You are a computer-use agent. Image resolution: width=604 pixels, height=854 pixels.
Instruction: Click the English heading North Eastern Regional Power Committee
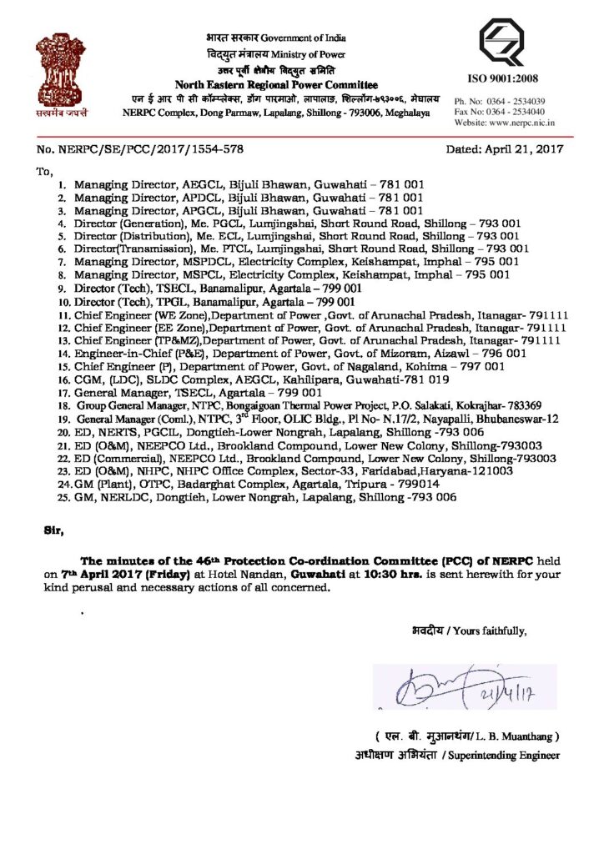coord(276,85)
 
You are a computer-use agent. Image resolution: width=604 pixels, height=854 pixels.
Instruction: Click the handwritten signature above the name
coord(450,688)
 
